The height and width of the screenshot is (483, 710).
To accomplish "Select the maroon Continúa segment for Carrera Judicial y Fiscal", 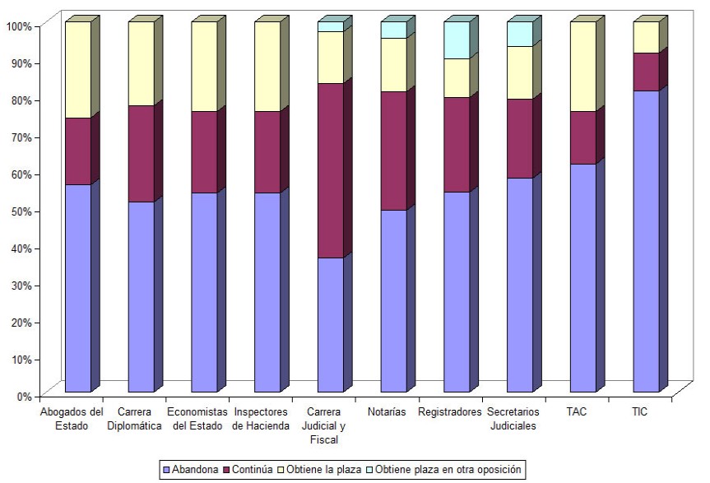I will tap(331, 170).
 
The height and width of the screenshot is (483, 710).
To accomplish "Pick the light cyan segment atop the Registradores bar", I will tap(457, 39).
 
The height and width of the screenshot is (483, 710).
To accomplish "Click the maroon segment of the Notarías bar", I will tap(393, 151).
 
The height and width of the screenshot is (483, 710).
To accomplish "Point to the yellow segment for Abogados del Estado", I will tap(78, 69).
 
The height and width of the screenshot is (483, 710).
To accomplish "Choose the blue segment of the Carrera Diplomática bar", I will tap(141, 296).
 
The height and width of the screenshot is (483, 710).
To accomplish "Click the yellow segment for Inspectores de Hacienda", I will tap(267, 66).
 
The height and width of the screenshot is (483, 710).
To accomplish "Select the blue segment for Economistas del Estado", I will tap(204, 292).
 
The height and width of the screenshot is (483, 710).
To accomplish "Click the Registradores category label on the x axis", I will tap(449, 411).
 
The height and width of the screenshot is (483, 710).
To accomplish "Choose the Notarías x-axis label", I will tap(387, 411).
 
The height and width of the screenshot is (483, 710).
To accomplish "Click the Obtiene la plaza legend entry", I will tap(329, 470).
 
